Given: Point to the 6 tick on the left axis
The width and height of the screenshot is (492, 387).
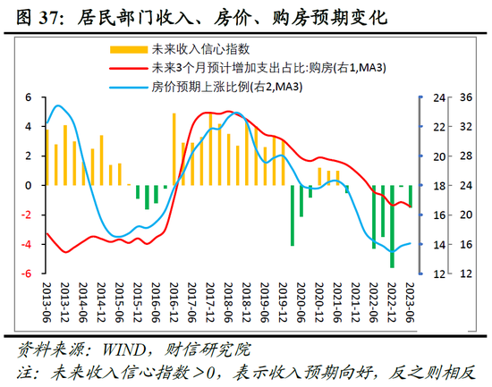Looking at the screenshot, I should tap(28, 97).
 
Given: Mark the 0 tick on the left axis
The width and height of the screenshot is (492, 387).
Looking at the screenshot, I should tap(28, 185).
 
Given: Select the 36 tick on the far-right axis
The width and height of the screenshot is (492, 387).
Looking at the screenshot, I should tap(466, 97).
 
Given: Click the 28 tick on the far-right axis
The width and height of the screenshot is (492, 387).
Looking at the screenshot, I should tap(466, 156).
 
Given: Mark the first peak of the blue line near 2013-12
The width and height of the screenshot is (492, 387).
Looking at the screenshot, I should tap(59, 105).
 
